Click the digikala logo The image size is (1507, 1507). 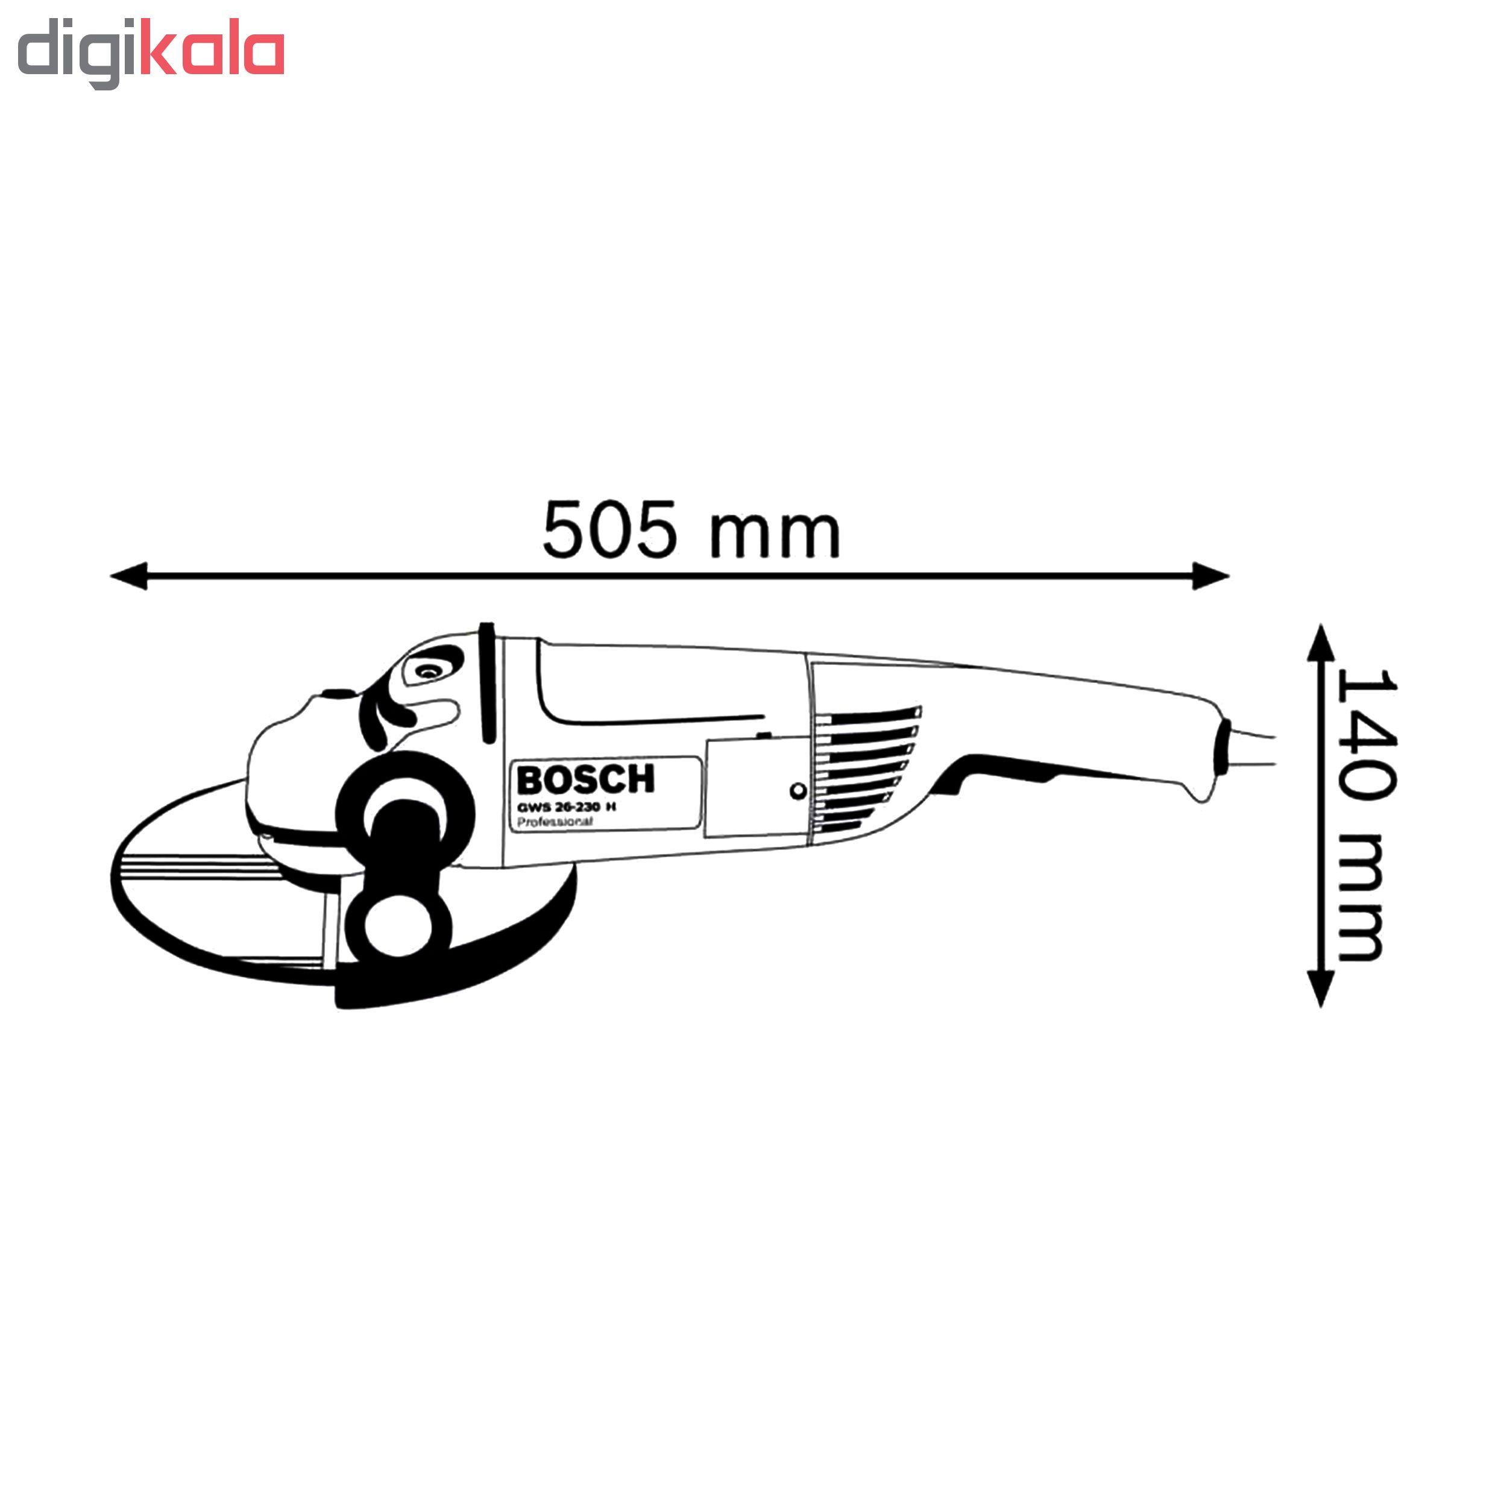point(151,53)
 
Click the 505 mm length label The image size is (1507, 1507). point(691,530)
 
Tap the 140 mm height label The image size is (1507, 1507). point(1365,814)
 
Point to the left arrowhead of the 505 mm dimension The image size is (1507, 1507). point(129,576)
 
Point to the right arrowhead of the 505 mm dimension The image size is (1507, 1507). point(1210,576)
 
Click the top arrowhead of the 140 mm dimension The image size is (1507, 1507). point(1320,644)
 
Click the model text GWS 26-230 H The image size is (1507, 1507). point(566,807)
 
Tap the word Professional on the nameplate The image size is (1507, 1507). point(555,822)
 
